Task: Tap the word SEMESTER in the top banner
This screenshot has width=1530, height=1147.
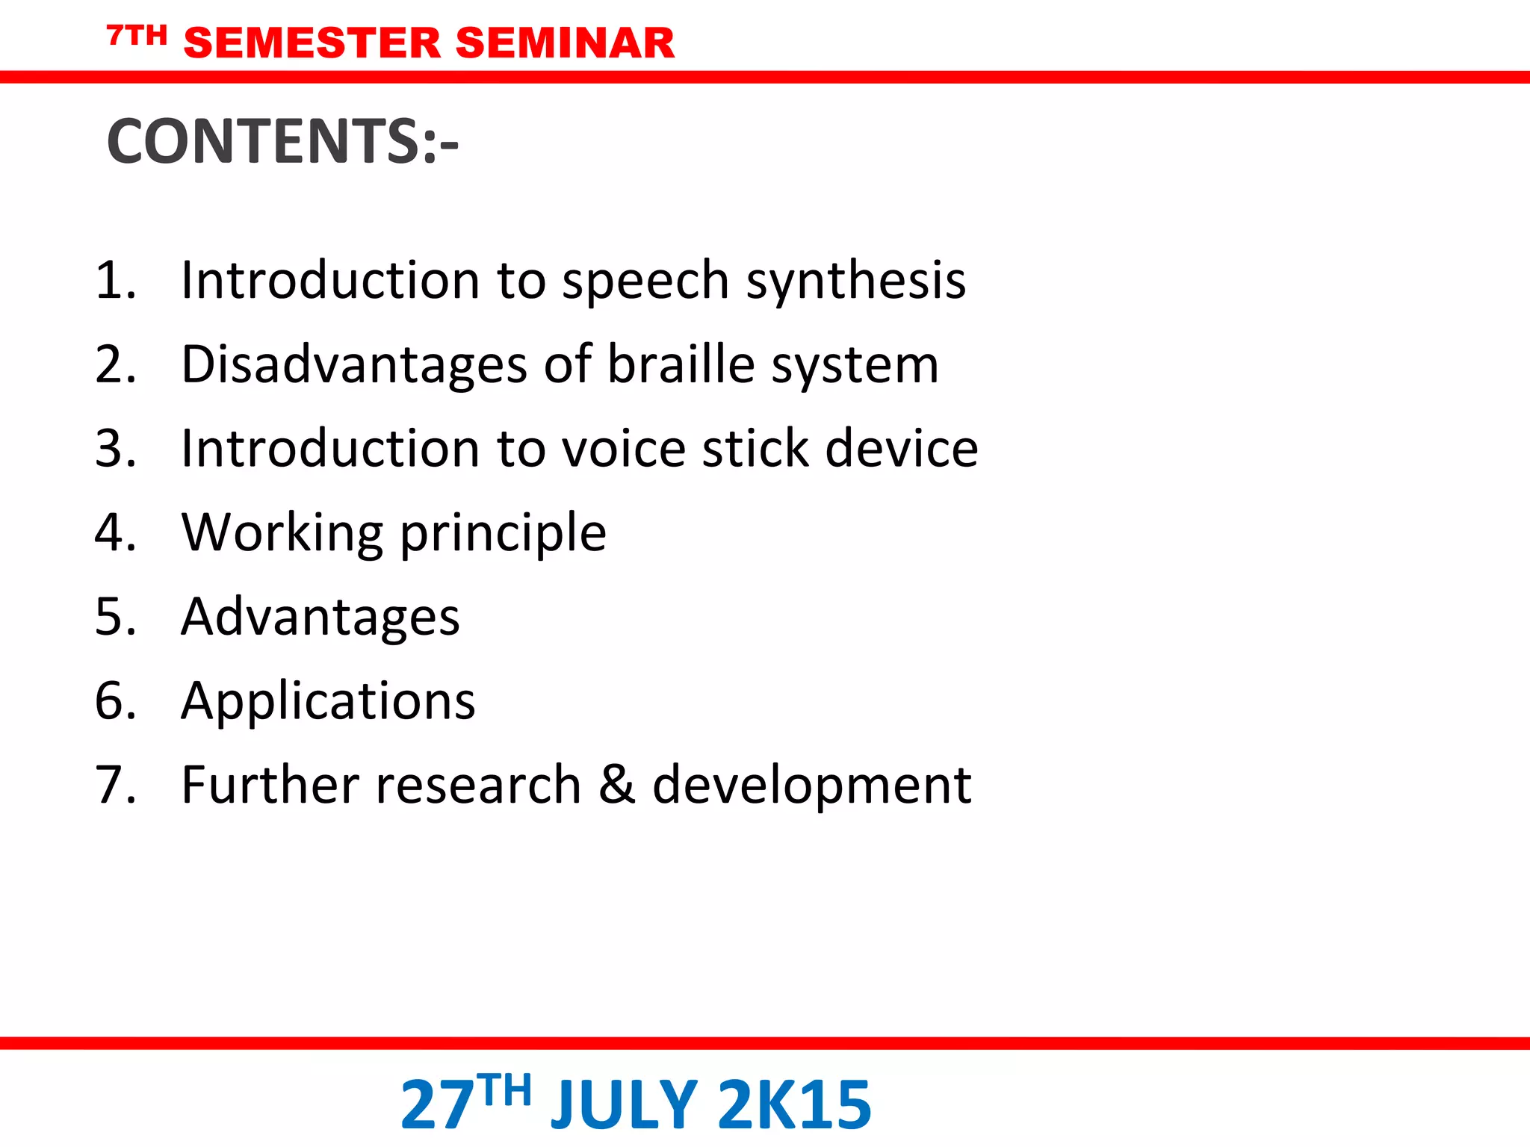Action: point(312,43)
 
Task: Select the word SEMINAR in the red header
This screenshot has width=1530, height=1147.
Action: point(565,43)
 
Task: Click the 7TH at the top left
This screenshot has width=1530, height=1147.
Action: point(137,35)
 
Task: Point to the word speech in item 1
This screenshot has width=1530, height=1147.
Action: point(645,282)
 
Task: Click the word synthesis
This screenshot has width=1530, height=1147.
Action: point(856,282)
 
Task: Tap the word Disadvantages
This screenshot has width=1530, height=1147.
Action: point(355,364)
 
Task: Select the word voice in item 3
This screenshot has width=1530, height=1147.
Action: point(624,449)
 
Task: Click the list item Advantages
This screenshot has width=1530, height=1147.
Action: point(320,618)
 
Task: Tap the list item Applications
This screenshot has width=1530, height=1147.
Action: point(328,702)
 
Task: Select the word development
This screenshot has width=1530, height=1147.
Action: point(811,786)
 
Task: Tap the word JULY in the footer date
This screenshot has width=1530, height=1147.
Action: point(624,1105)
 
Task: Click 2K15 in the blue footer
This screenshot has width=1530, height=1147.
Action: point(795,1105)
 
